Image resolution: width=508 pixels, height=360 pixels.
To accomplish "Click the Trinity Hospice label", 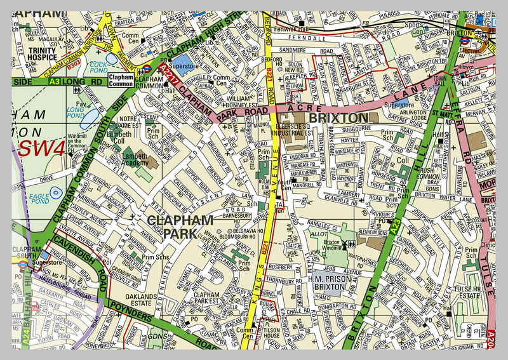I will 42,54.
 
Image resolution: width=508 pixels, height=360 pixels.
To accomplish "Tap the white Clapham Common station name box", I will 121,80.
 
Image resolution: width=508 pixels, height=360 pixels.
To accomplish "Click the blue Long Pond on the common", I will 90,118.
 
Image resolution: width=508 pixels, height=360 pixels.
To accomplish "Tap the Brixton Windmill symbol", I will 349,244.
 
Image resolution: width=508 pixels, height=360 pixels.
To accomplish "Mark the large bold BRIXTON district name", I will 338,118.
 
